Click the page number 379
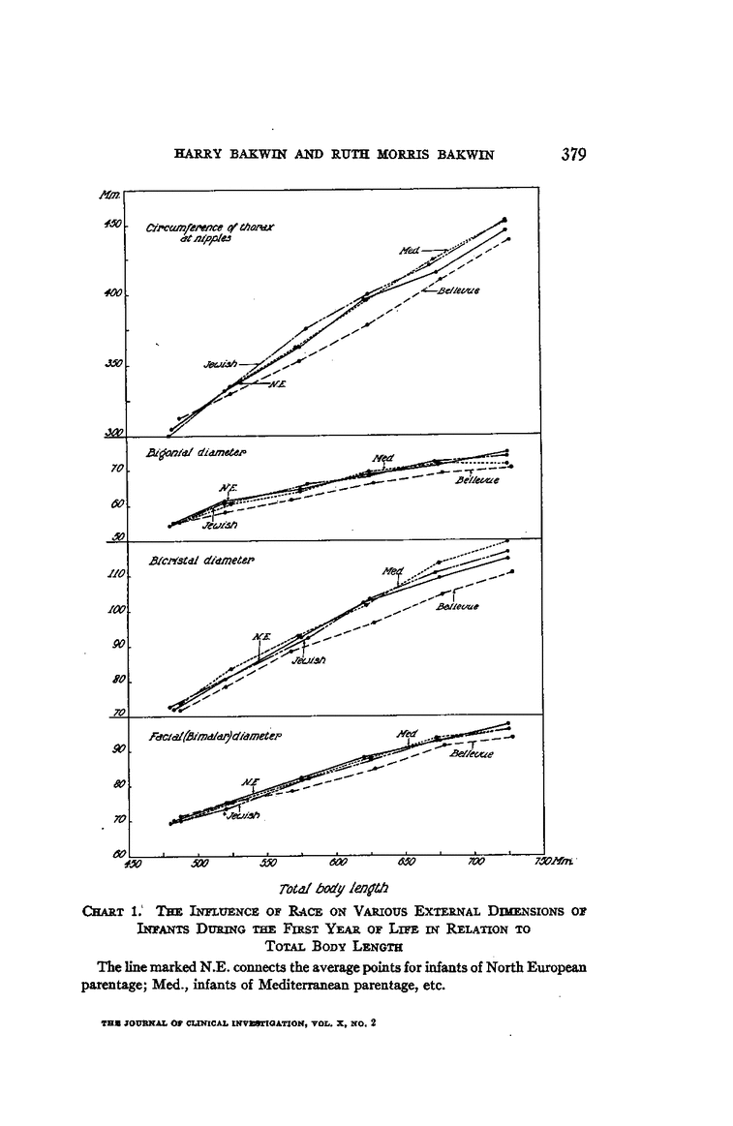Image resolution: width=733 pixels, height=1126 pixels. tap(573, 155)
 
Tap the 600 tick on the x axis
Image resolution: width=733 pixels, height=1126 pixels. tap(338, 862)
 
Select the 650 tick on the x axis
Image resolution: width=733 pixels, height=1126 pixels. tap(407, 862)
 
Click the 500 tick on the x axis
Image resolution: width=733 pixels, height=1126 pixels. tap(199, 862)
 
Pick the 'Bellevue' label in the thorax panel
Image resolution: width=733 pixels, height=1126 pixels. tap(459, 289)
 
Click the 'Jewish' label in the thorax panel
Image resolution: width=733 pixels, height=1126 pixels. tap(219, 364)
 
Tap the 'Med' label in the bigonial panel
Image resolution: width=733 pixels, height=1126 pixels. tap(382, 458)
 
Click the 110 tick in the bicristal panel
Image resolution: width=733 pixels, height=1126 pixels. tap(114, 575)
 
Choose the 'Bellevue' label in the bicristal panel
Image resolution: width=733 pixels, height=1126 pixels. tap(459, 607)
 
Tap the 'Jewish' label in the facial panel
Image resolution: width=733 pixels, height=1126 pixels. tap(243, 815)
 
